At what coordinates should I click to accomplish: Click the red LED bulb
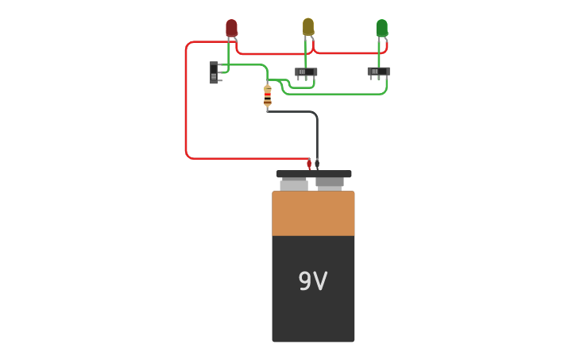[x=231, y=28]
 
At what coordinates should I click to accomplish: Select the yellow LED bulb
[x=308, y=26]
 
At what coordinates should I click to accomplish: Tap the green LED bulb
[x=381, y=28]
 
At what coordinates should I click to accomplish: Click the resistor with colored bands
[x=268, y=95]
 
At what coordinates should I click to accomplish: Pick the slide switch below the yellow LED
[x=306, y=72]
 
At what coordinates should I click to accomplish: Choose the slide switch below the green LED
[x=378, y=72]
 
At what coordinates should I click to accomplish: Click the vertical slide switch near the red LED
[x=214, y=72]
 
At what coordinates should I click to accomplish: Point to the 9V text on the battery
[x=313, y=281]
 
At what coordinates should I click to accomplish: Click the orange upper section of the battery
[x=313, y=213]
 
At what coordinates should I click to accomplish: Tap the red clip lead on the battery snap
[x=309, y=164]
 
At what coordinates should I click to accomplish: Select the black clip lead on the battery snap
[x=317, y=164]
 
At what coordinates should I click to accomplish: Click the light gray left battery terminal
[x=294, y=184]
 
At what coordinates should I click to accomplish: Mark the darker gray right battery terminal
[x=330, y=183]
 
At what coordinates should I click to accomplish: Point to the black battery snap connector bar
[x=313, y=173]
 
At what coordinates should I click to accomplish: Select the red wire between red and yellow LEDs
[x=270, y=53]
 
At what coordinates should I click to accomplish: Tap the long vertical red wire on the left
[x=186, y=103]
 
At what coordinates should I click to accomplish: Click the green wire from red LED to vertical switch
[x=228, y=60]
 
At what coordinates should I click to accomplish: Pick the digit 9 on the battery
[x=305, y=281]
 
